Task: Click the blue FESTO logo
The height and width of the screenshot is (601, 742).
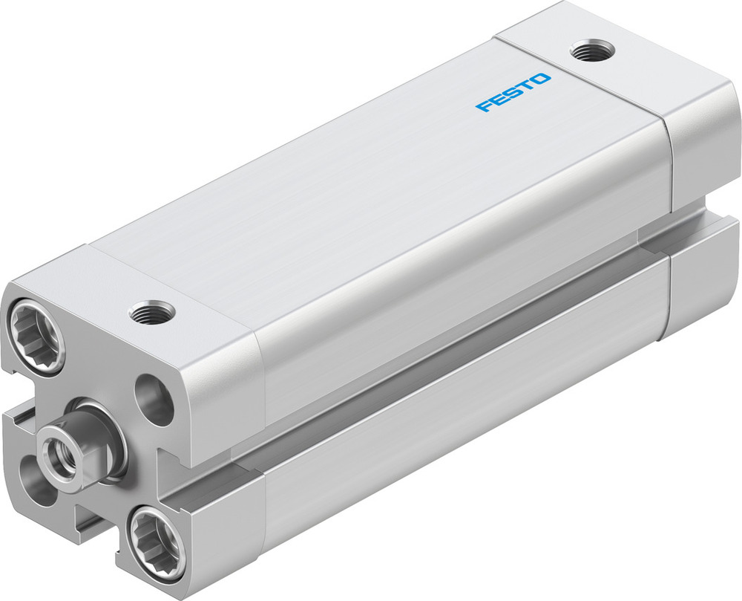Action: click(x=513, y=92)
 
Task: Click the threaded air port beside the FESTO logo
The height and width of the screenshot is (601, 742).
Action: click(x=592, y=52)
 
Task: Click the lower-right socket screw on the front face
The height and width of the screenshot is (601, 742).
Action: click(x=156, y=539)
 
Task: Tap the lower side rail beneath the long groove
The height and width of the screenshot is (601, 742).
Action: click(x=445, y=416)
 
